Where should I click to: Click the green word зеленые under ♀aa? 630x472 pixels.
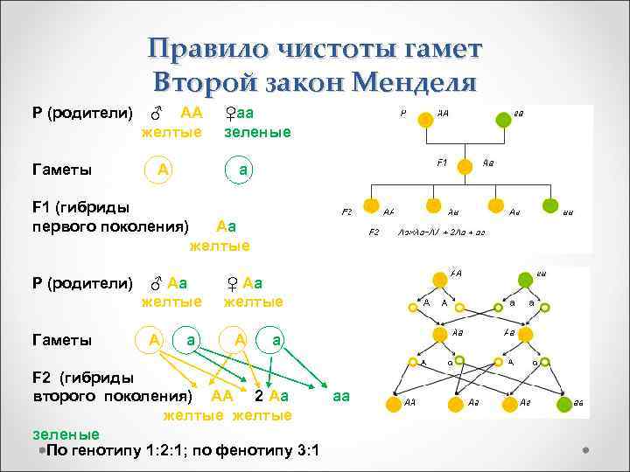[x=257, y=131]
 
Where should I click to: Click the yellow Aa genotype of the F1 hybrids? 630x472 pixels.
[x=226, y=226]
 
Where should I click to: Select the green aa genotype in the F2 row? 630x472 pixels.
[x=340, y=396]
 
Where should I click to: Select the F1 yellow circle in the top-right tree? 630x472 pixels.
[x=466, y=164]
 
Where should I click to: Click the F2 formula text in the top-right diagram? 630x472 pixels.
[x=442, y=233]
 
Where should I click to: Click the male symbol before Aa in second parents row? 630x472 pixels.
[x=156, y=284]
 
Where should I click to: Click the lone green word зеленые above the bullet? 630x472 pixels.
[x=66, y=434]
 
